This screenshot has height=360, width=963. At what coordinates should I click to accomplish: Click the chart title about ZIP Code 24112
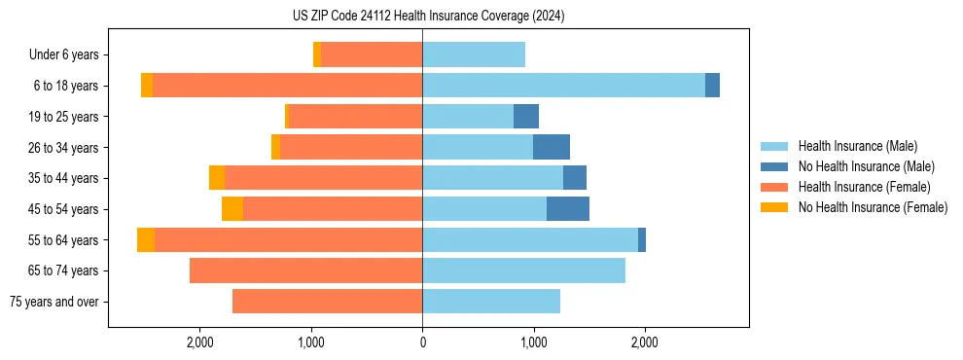pos(428,17)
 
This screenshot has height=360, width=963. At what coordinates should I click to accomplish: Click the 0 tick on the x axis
pos(422,342)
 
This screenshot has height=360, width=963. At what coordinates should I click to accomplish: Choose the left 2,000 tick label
pos(199,342)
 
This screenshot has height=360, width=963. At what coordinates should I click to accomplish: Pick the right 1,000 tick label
pos(533,342)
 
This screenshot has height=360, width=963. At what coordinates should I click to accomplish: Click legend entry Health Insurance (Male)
pos(857,146)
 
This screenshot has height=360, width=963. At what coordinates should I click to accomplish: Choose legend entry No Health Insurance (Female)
pos(873,207)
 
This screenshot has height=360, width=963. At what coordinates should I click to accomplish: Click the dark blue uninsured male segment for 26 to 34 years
pos(552,148)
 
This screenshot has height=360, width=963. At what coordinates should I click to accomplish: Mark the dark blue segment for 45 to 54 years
pos(568,209)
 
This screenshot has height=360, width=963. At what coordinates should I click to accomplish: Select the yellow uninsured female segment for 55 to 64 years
pos(146,240)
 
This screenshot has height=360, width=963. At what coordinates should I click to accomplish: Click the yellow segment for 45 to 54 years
pos(232,209)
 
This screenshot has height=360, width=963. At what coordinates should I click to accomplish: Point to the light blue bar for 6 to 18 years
pos(563,86)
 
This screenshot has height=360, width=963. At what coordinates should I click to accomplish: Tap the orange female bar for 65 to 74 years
pos(305,270)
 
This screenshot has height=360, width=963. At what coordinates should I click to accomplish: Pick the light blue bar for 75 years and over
pos(491,302)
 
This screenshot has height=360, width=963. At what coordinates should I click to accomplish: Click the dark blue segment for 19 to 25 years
pos(526,117)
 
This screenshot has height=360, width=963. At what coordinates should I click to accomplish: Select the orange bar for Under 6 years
pos(372,55)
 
